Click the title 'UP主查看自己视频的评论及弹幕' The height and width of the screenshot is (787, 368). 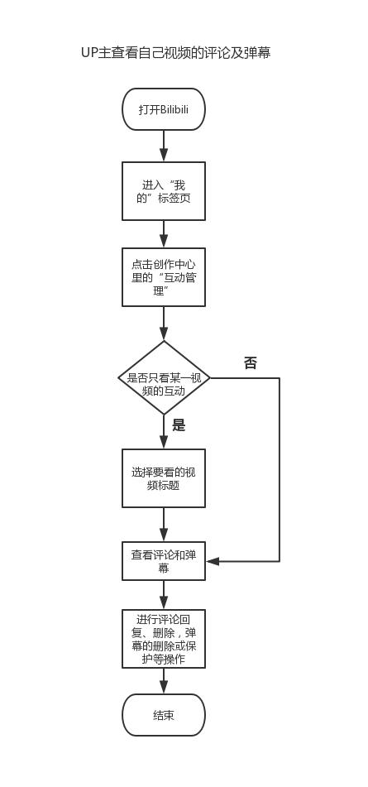(x=175, y=53)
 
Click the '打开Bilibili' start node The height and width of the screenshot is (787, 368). (x=164, y=109)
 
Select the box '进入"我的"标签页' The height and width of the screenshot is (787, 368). (x=164, y=191)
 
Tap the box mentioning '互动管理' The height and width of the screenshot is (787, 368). (x=164, y=277)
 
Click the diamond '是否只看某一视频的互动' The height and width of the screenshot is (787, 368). (x=164, y=378)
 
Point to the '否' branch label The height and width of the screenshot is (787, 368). (x=250, y=363)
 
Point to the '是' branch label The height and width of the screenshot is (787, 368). (x=179, y=425)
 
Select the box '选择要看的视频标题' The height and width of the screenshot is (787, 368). (x=164, y=478)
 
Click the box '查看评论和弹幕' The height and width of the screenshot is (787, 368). (x=164, y=561)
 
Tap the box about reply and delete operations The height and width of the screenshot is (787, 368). (x=164, y=639)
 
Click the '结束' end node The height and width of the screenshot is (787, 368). (x=164, y=715)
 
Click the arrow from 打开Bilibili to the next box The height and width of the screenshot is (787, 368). (x=164, y=146)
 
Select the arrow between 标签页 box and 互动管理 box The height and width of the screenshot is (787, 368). (x=164, y=234)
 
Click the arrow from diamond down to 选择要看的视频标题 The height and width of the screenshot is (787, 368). (x=164, y=432)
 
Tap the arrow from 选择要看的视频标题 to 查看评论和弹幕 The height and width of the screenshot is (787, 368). (x=164, y=525)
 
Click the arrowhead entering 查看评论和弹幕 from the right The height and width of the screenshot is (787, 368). (x=213, y=561)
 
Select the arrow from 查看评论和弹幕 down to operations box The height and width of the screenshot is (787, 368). (x=164, y=595)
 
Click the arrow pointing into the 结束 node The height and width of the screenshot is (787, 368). (x=164, y=682)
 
